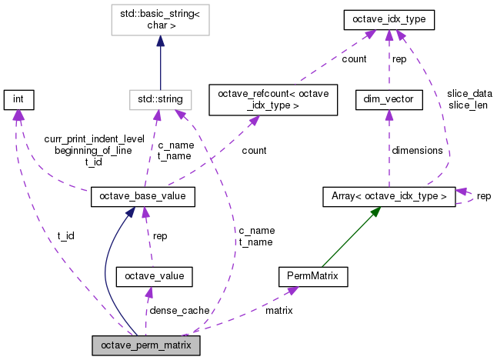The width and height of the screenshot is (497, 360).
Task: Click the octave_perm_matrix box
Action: point(145,345)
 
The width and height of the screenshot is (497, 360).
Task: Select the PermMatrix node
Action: point(313,275)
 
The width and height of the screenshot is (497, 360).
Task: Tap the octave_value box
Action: point(153,275)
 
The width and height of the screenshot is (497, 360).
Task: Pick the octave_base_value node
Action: point(142,198)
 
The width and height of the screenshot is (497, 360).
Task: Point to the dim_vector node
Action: point(389,98)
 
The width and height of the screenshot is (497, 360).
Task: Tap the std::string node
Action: point(159,98)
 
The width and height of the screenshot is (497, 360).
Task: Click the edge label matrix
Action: point(279,310)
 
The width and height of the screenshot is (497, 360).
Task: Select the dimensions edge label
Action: point(417,151)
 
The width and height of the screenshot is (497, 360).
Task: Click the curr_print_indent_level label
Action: point(94,139)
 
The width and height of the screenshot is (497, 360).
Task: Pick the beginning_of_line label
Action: point(94,151)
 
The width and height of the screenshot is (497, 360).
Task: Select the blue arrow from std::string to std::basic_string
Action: point(159,65)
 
